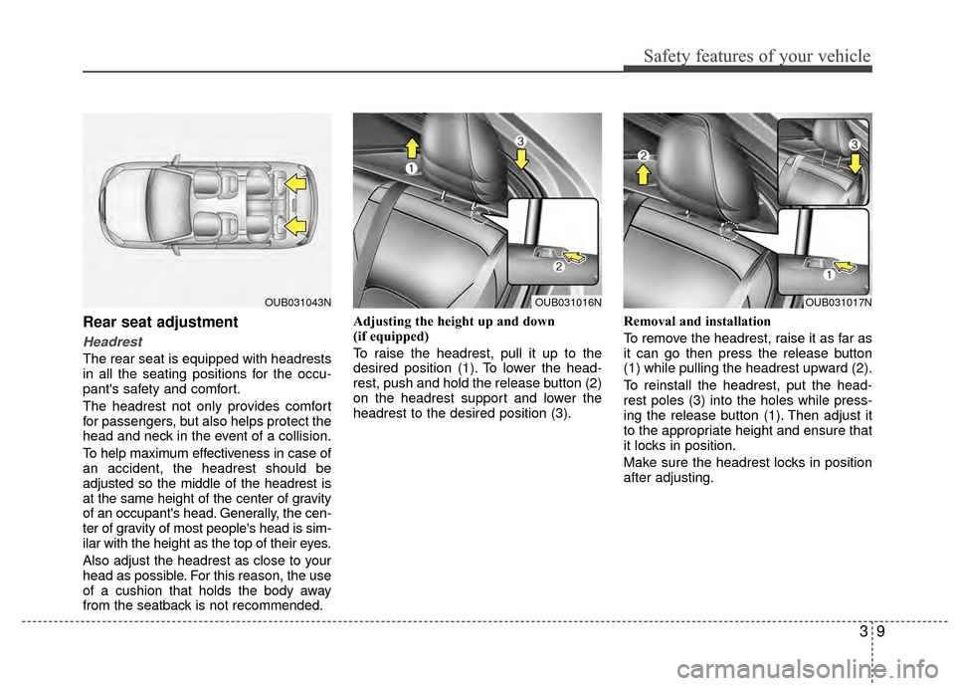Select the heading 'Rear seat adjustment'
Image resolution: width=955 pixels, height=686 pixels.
pyautogui.click(x=160, y=323)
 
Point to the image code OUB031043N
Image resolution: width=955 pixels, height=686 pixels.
pyautogui.click(x=297, y=301)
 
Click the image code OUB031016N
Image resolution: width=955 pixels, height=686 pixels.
pyautogui.click(x=568, y=301)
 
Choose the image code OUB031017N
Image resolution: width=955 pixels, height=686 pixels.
pyautogui.click(x=838, y=301)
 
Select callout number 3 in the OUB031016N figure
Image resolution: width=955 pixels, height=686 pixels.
pyautogui.click(x=519, y=143)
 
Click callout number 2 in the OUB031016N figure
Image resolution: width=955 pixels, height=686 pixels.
pyautogui.click(x=558, y=266)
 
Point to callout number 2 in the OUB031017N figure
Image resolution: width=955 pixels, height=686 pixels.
pyautogui.click(x=645, y=156)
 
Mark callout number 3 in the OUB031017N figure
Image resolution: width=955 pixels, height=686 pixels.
pyautogui.click(x=855, y=145)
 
